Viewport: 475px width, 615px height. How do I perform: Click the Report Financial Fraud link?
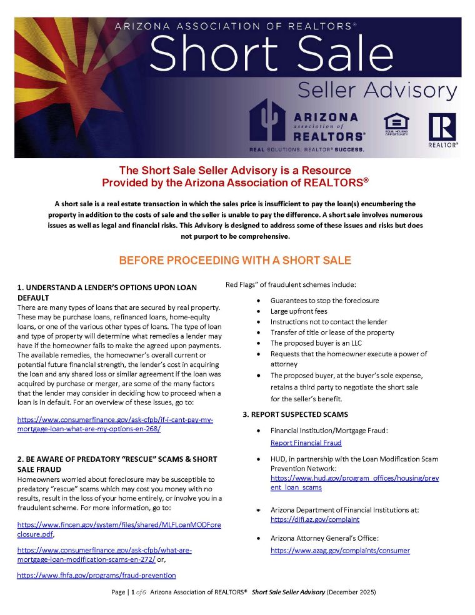[306, 443]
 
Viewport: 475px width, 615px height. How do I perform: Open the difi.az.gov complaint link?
[314, 519]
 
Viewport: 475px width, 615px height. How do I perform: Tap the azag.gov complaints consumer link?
[340, 551]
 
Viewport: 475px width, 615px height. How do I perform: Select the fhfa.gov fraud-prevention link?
[96, 575]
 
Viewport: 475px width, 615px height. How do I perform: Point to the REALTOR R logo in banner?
[442, 129]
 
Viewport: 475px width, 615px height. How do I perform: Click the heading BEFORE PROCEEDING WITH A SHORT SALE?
[235, 260]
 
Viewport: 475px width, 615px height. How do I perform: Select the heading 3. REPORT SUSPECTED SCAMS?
[295, 414]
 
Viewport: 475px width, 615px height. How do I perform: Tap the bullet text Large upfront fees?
[298, 311]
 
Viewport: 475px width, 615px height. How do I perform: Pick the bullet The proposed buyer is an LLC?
[316, 343]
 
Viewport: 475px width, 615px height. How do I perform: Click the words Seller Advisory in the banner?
[377, 91]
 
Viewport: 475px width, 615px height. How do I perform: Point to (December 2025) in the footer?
[351, 592]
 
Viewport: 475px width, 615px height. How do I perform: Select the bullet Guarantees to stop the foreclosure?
[324, 301]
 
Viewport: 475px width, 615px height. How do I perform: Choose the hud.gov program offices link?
[354, 482]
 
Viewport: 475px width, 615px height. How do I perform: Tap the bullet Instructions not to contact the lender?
[329, 322]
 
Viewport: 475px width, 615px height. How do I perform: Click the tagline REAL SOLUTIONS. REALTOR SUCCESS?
[306, 150]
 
